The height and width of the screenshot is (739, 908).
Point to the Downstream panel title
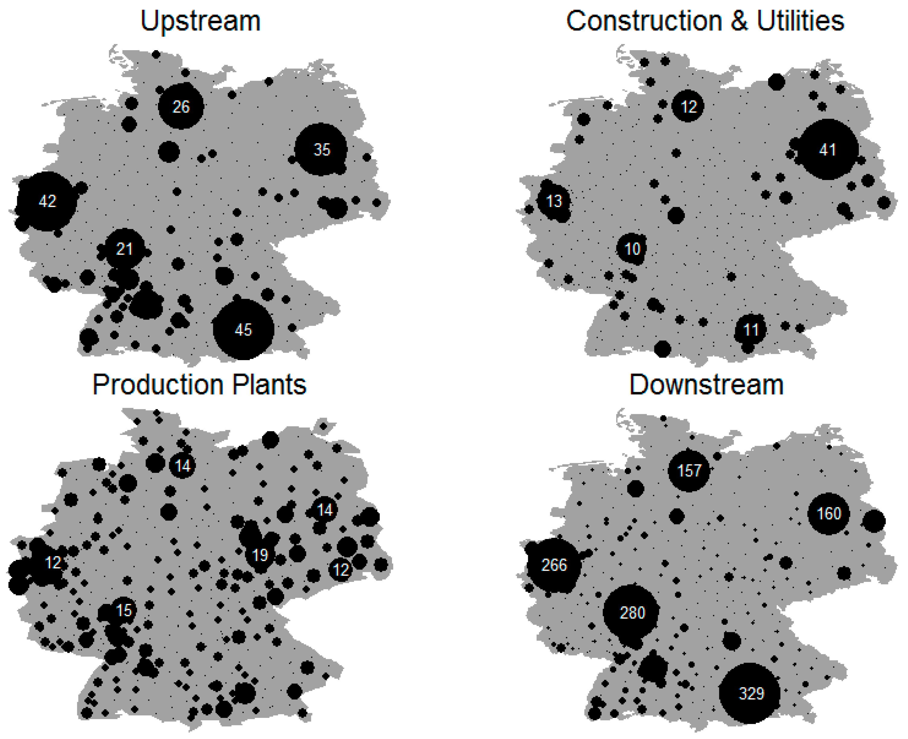click(x=706, y=385)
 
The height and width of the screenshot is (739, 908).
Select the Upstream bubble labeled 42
click(x=47, y=201)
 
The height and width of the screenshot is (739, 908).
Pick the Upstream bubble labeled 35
click(x=321, y=150)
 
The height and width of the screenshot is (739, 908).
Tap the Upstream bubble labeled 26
click(x=181, y=106)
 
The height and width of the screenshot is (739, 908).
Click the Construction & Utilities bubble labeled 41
click(x=828, y=150)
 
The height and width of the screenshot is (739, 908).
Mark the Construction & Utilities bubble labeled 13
click(x=553, y=201)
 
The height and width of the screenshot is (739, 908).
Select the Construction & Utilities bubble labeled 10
click(x=632, y=249)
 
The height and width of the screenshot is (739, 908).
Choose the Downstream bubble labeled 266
click(x=553, y=565)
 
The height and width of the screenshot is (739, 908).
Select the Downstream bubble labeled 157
click(x=689, y=470)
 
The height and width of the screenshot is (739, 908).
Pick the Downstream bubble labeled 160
click(x=829, y=513)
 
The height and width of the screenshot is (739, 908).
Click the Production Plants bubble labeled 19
click(x=260, y=555)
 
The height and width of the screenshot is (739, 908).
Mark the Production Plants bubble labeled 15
click(x=124, y=610)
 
